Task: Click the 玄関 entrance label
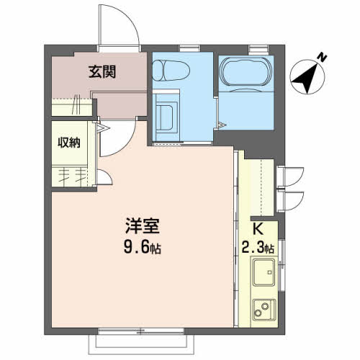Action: tap(102, 71)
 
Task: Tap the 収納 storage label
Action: tap(69, 143)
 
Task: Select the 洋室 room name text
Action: tap(143, 225)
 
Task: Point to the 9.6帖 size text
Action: tap(143, 247)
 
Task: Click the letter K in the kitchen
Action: tap(258, 229)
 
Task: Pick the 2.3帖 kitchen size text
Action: tap(258, 247)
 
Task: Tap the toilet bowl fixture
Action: tap(171, 71)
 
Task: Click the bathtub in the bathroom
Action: tap(246, 71)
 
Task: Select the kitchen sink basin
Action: tap(264, 272)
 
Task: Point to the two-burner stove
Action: tap(264, 310)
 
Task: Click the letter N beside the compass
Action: tap(322, 58)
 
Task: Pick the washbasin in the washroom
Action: tap(167, 117)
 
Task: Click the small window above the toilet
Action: tap(189, 48)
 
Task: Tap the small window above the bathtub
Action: tap(258, 49)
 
